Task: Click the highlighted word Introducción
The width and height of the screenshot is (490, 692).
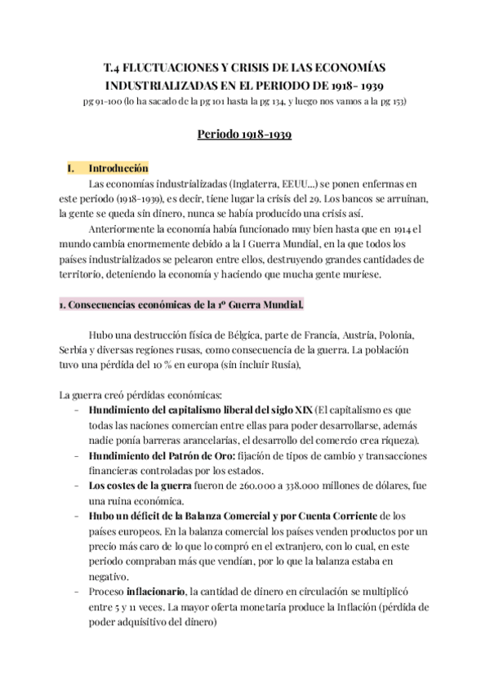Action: tap(118, 168)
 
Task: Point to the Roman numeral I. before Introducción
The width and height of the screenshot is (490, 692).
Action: tap(70, 168)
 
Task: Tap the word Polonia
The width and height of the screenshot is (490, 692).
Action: tap(397, 335)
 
